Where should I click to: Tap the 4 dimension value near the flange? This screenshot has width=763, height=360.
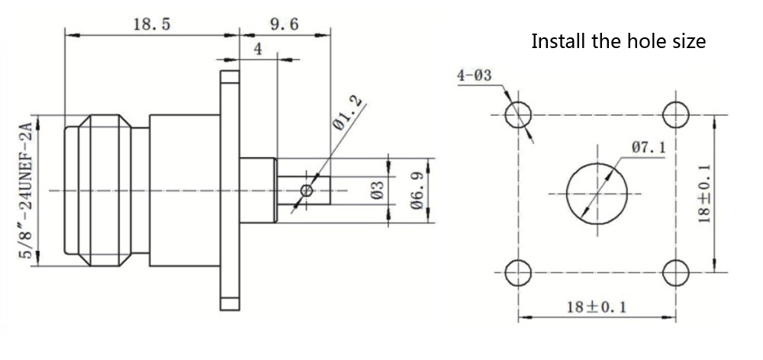click(x=257, y=50)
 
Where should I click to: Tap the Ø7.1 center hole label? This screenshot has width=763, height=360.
click(x=648, y=146)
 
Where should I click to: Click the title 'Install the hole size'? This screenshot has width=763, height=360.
click(x=618, y=40)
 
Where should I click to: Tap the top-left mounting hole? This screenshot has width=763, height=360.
click(x=520, y=114)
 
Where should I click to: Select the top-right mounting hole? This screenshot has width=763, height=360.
click(x=675, y=114)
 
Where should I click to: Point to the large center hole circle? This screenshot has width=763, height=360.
click(x=597, y=192)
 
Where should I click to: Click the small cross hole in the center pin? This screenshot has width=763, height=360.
click(x=307, y=190)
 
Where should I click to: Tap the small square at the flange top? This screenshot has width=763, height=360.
click(x=230, y=78)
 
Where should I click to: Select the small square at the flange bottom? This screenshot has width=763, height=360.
click(x=230, y=304)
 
